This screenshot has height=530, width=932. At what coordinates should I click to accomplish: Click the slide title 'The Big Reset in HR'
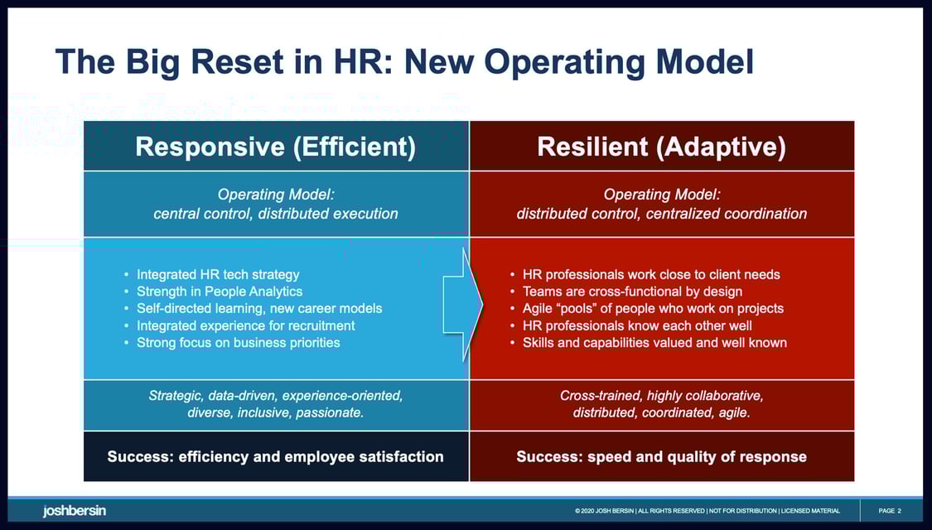(403, 62)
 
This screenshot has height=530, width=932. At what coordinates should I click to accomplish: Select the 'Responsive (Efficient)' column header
(275, 147)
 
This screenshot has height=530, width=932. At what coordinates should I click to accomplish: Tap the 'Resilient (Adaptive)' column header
(661, 147)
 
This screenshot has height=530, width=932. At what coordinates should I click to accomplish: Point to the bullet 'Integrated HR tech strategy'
(218, 274)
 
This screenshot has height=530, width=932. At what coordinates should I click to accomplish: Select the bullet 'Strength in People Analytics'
(220, 291)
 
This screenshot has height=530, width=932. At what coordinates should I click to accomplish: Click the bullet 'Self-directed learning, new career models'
(259, 308)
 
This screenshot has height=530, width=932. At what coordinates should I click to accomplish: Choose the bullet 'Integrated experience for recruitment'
(245, 325)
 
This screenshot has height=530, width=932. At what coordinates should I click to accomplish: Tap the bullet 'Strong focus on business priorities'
(238, 342)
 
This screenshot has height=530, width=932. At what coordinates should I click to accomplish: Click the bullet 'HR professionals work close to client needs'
(651, 274)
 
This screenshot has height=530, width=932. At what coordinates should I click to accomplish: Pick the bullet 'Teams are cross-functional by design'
(632, 291)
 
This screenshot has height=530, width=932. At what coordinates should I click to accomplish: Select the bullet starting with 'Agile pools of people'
(653, 308)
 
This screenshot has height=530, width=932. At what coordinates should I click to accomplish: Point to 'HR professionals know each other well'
(637, 325)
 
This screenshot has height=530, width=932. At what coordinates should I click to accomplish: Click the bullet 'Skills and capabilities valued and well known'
(654, 342)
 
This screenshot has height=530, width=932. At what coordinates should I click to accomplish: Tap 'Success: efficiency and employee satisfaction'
(275, 456)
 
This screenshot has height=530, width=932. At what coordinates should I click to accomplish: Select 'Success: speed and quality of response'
(661, 456)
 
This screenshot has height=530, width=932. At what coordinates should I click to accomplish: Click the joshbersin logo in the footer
(75, 510)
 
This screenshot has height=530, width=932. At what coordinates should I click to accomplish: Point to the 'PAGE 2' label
(889, 511)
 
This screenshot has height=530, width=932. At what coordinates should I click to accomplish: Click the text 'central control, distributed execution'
(275, 214)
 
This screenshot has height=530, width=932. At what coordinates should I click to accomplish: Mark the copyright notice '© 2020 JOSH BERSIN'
(604, 511)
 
